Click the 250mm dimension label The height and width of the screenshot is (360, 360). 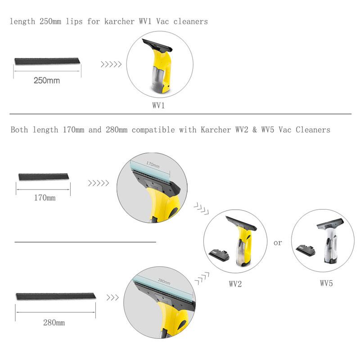pyautogui.click(x=47, y=81)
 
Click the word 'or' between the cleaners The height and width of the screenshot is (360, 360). pyautogui.click(x=278, y=243)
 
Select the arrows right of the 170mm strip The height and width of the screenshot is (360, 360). pyautogui.click(x=99, y=183)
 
